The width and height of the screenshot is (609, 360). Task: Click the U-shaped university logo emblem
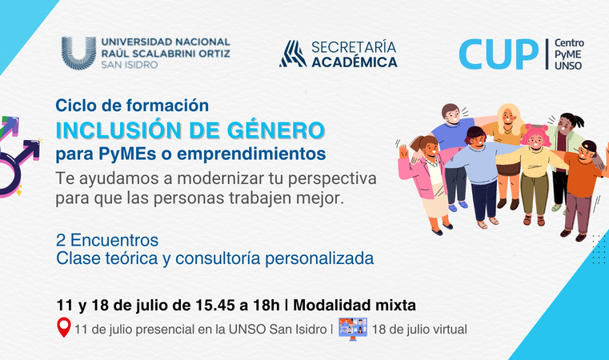click(78, 53)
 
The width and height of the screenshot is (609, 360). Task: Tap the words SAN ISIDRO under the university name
click(130, 65)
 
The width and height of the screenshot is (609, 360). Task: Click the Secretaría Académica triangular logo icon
click(293, 54)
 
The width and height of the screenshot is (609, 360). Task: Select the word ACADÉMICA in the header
click(355, 62)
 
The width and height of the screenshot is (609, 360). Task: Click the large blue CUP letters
click(499, 54)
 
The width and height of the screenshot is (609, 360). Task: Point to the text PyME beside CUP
click(567, 54)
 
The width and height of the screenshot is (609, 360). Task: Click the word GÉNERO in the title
click(275, 130)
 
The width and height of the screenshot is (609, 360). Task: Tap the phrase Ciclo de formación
click(132, 106)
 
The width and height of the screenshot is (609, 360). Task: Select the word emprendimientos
click(251, 154)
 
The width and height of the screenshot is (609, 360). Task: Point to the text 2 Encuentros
click(107, 240)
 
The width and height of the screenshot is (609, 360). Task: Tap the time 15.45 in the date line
click(214, 306)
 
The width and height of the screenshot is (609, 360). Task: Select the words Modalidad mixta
click(355, 306)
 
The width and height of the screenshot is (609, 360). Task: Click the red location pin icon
click(64, 327)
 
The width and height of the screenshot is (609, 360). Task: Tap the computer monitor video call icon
click(353, 329)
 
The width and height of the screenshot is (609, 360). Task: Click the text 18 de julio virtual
click(419, 330)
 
